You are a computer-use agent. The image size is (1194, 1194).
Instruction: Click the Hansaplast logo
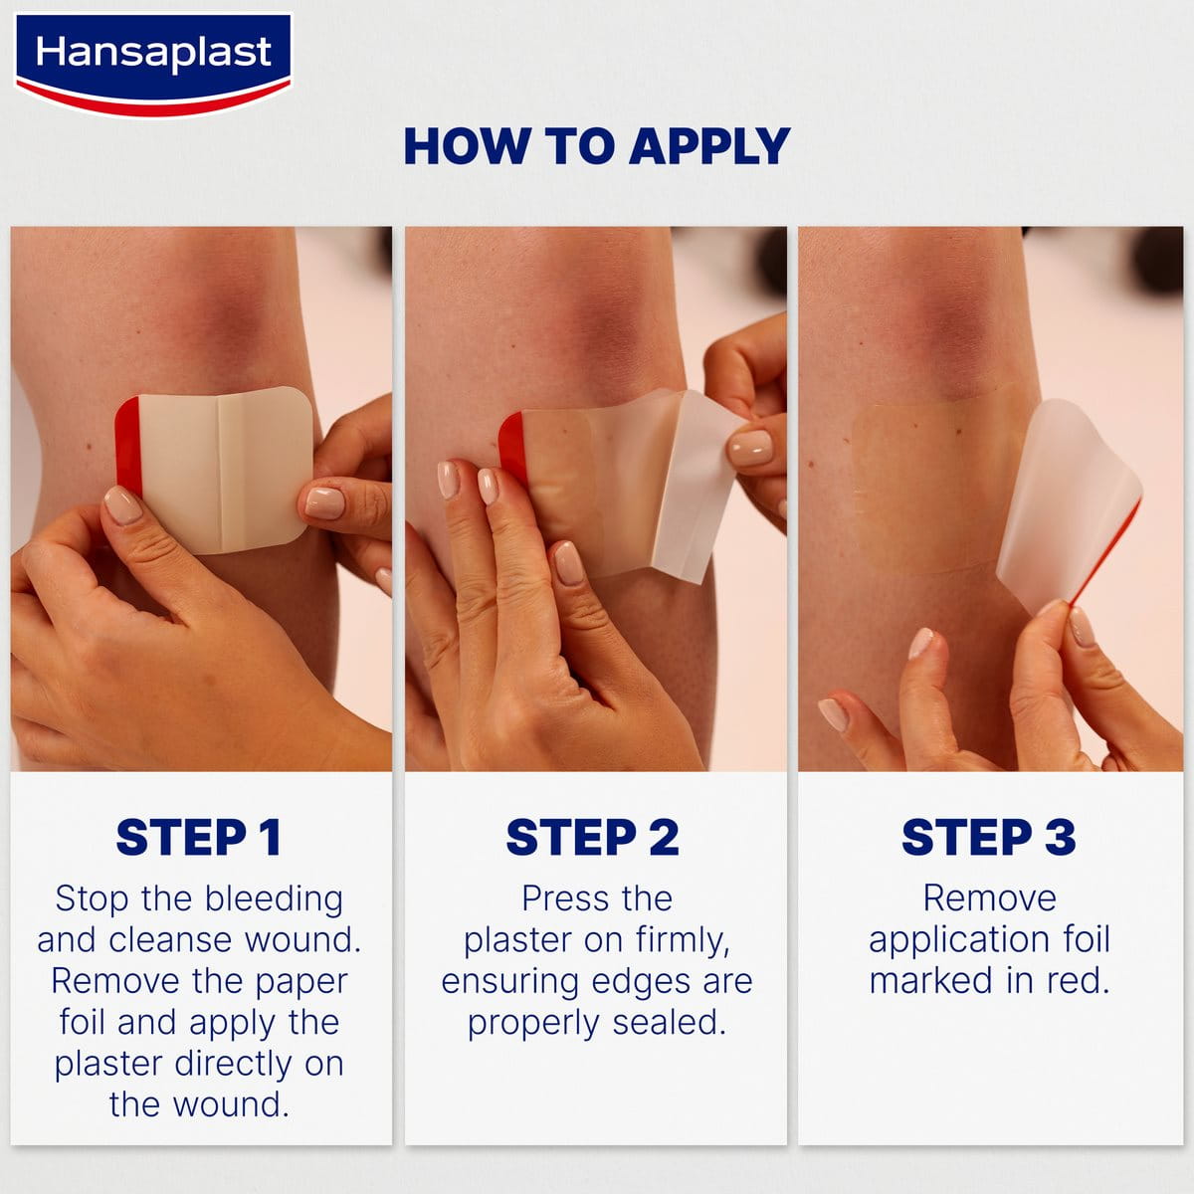point(153,62)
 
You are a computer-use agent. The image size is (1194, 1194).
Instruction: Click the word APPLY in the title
point(708,146)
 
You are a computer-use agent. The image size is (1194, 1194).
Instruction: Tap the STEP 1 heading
point(198,837)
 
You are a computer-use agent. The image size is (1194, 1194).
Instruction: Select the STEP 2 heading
point(592,837)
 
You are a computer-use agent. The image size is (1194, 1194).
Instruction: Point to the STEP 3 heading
point(988,837)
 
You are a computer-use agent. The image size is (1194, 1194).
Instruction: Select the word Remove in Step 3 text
point(989,898)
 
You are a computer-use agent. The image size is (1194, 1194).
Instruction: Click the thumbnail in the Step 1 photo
point(123,505)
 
